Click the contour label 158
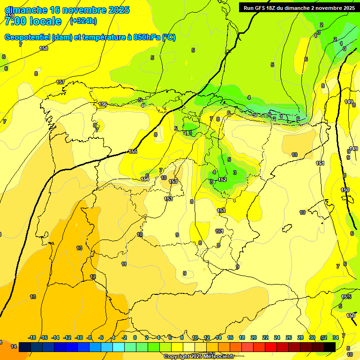click(44, 48)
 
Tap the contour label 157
click(60, 82)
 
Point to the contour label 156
click(103, 104)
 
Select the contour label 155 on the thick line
click(133, 151)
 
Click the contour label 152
click(222, 180)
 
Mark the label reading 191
click(219, 231)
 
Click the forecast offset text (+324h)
click(83, 21)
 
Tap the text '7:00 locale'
click(33, 21)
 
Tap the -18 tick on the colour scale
click(32, 337)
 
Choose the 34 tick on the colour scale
click(336, 337)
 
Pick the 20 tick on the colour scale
click(254, 337)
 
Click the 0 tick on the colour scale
click(135, 337)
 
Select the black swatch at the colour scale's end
click(330, 346)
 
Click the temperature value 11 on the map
click(124, 264)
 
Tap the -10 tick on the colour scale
click(79, 337)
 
